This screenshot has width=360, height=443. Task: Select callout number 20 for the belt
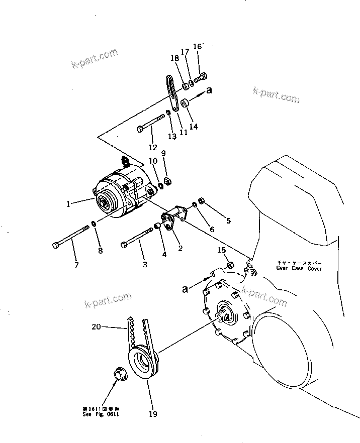click(96, 327)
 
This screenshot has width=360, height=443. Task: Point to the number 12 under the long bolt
click(153, 147)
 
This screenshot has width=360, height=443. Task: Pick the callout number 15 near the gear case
click(222, 250)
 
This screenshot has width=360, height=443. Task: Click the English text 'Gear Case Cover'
click(299, 268)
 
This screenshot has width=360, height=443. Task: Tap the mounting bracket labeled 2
click(172, 219)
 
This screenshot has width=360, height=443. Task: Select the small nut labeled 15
click(230, 265)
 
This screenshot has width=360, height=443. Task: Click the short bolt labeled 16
click(201, 78)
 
